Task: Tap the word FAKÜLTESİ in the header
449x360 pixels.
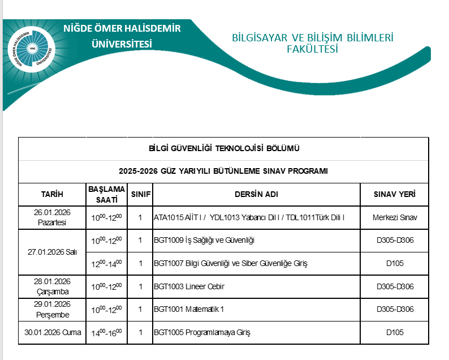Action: pyautogui.click(x=312, y=49)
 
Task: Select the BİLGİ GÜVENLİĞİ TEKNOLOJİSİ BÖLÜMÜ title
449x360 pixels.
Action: pyautogui.click(x=223, y=149)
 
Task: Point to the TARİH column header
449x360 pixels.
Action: pyautogui.click(x=52, y=195)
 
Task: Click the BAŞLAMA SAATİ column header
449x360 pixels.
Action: pyautogui.click(x=107, y=195)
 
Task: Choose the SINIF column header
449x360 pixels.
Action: pyautogui.click(x=140, y=195)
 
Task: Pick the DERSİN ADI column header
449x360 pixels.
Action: pyautogui.click(x=256, y=195)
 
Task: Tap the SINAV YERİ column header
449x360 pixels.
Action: pyautogui.click(x=395, y=195)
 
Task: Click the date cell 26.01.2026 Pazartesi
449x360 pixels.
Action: pyautogui.click(x=52, y=218)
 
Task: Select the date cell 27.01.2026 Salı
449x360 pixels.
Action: pyautogui.click(x=52, y=252)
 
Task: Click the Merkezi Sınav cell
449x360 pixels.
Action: pyautogui.click(x=395, y=217)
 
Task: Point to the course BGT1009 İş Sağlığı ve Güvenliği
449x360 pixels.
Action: pyautogui.click(x=204, y=241)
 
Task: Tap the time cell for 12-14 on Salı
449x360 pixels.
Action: pyautogui.click(x=107, y=264)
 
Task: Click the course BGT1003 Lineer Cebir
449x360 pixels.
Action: pyautogui.click(x=189, y=287)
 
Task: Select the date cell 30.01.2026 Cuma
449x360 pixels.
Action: pyautogui.click(x=52, y=332)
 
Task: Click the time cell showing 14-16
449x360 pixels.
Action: pyautogui.click(x=107, y=333)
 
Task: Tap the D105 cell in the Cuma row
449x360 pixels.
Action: pyautogui.click(x=395, y=332)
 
